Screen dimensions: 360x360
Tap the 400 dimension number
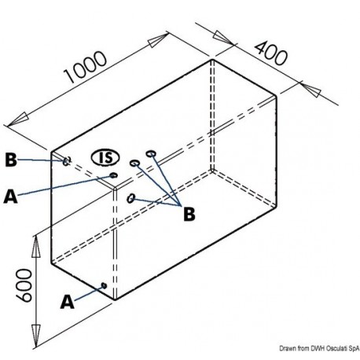(271, 53)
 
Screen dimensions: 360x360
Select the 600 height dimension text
(24, 285)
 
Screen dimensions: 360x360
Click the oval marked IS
(105, 158)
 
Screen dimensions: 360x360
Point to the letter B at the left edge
(11, 160)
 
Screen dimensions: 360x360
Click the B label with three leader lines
(189, 214)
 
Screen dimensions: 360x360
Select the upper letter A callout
(10, 197)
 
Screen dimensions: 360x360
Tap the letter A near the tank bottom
(68, 302)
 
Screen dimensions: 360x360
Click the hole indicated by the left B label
(67, 161)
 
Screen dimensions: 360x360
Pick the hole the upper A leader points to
(113, 175)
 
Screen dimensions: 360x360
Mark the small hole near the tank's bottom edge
(104, 285)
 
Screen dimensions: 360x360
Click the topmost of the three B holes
(151, 153)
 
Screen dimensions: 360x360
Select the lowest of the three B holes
(130, 198)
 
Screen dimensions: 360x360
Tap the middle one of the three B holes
(134, 163)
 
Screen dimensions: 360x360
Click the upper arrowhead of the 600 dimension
(36, 248)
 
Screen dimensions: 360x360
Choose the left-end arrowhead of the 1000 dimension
(18, 119)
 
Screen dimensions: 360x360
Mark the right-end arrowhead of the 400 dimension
(311, 89)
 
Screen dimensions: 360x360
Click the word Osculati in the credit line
(336, 348)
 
